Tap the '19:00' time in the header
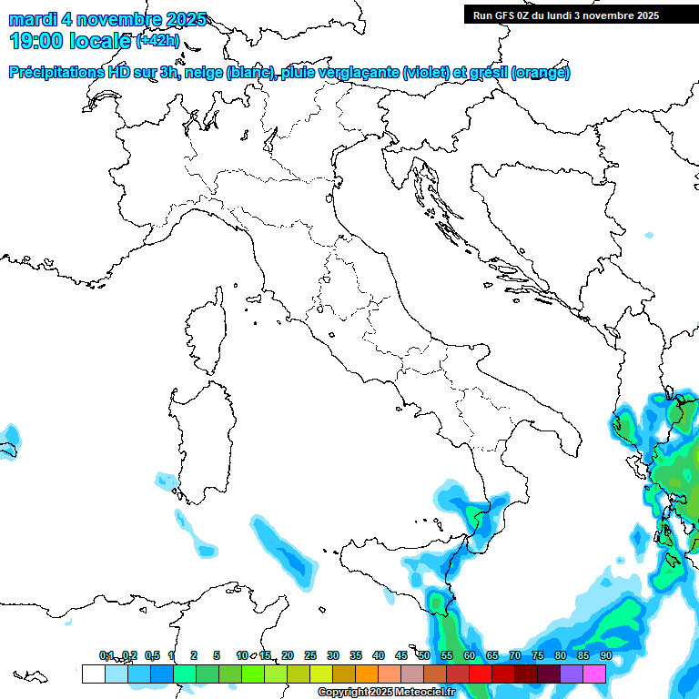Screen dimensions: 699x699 point(35,41)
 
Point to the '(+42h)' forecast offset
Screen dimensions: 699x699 point(158,41)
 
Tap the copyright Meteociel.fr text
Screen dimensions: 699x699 point(386,693)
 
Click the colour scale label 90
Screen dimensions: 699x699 point(606,655)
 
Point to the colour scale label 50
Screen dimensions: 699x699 point(424,655)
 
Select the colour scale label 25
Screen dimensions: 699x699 point(310,655)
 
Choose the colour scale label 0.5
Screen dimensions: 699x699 point(152,655)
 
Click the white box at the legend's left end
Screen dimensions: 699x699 point(93,674)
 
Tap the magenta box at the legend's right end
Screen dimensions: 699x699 point(594,674)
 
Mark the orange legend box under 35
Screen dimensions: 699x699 point(367,674)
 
